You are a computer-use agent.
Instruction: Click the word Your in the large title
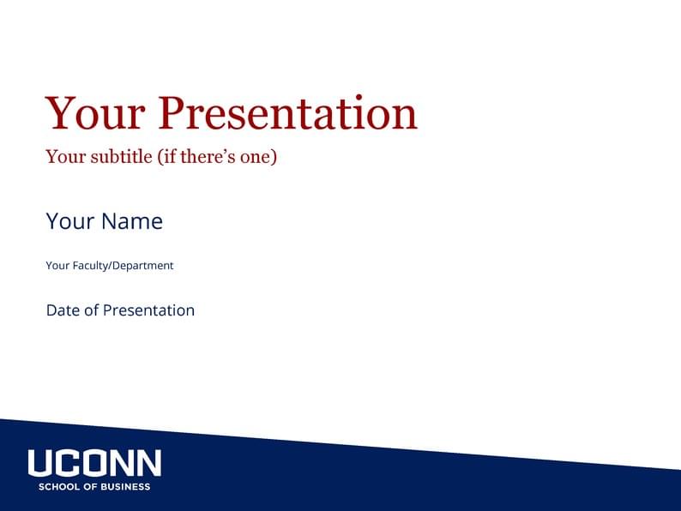(x=95, y=114)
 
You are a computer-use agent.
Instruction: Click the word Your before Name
(x=70, y=221)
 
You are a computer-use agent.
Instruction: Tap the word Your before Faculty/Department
(x=57, y=266)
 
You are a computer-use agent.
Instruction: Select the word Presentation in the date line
(x=148, y=310)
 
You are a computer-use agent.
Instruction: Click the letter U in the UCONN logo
(x=40, y=464)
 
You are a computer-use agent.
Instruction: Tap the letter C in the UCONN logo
(x=68, y=464)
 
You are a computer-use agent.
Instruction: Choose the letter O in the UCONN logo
(x=94, y=464)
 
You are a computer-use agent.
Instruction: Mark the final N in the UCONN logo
(x=148, y=464)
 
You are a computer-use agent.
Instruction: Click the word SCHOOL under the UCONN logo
(x=57, y=487)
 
